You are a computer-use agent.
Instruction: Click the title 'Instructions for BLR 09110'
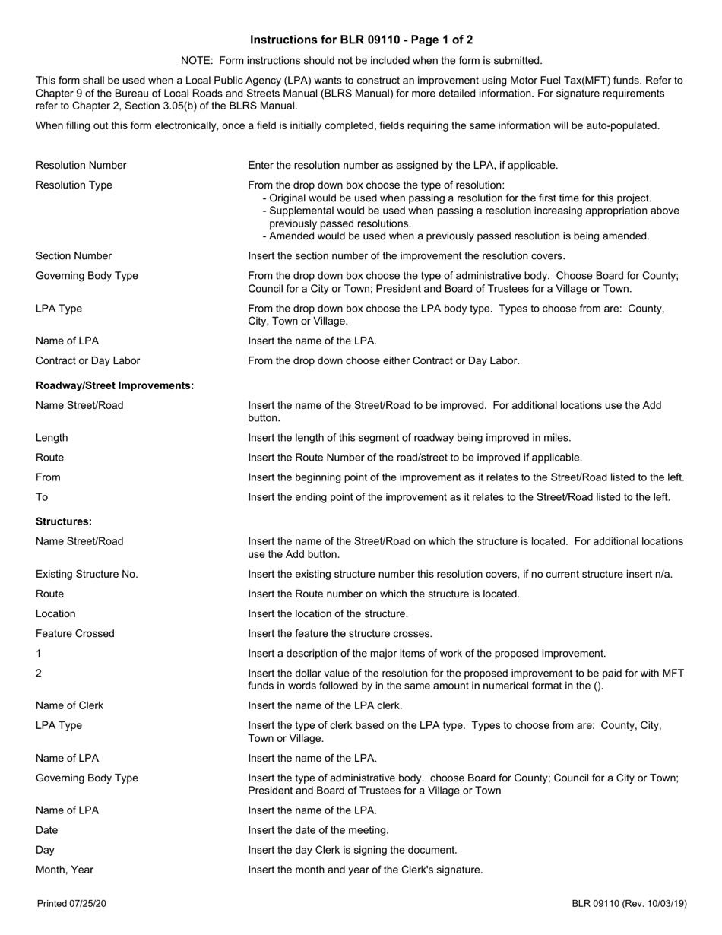(x=361, y=40)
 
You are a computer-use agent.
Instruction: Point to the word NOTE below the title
(x=196, y=61)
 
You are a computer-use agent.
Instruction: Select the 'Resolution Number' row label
(x=81, y=165)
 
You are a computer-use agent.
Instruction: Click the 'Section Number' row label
(x=74, y=255)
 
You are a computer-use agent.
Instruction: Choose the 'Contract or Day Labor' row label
(x=87, y=360)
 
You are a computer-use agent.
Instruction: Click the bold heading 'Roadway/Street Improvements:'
(x=115, y=386)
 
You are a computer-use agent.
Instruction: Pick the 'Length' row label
(x=52, y=437)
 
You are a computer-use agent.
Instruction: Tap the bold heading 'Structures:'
(x=64, y=521)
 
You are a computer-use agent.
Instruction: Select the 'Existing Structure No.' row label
(x=87, y=574)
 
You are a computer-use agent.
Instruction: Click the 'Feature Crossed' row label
(x=75, y=633)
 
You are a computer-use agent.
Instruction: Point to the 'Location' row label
(x=55, y=613)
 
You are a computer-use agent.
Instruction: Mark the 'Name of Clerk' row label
(x=69, y=705)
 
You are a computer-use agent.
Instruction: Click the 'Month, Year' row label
(x=65, y=870)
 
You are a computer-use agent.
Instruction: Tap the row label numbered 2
(x=39, y=673)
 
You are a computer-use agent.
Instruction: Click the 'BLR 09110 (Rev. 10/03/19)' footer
(x=629, y=904)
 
